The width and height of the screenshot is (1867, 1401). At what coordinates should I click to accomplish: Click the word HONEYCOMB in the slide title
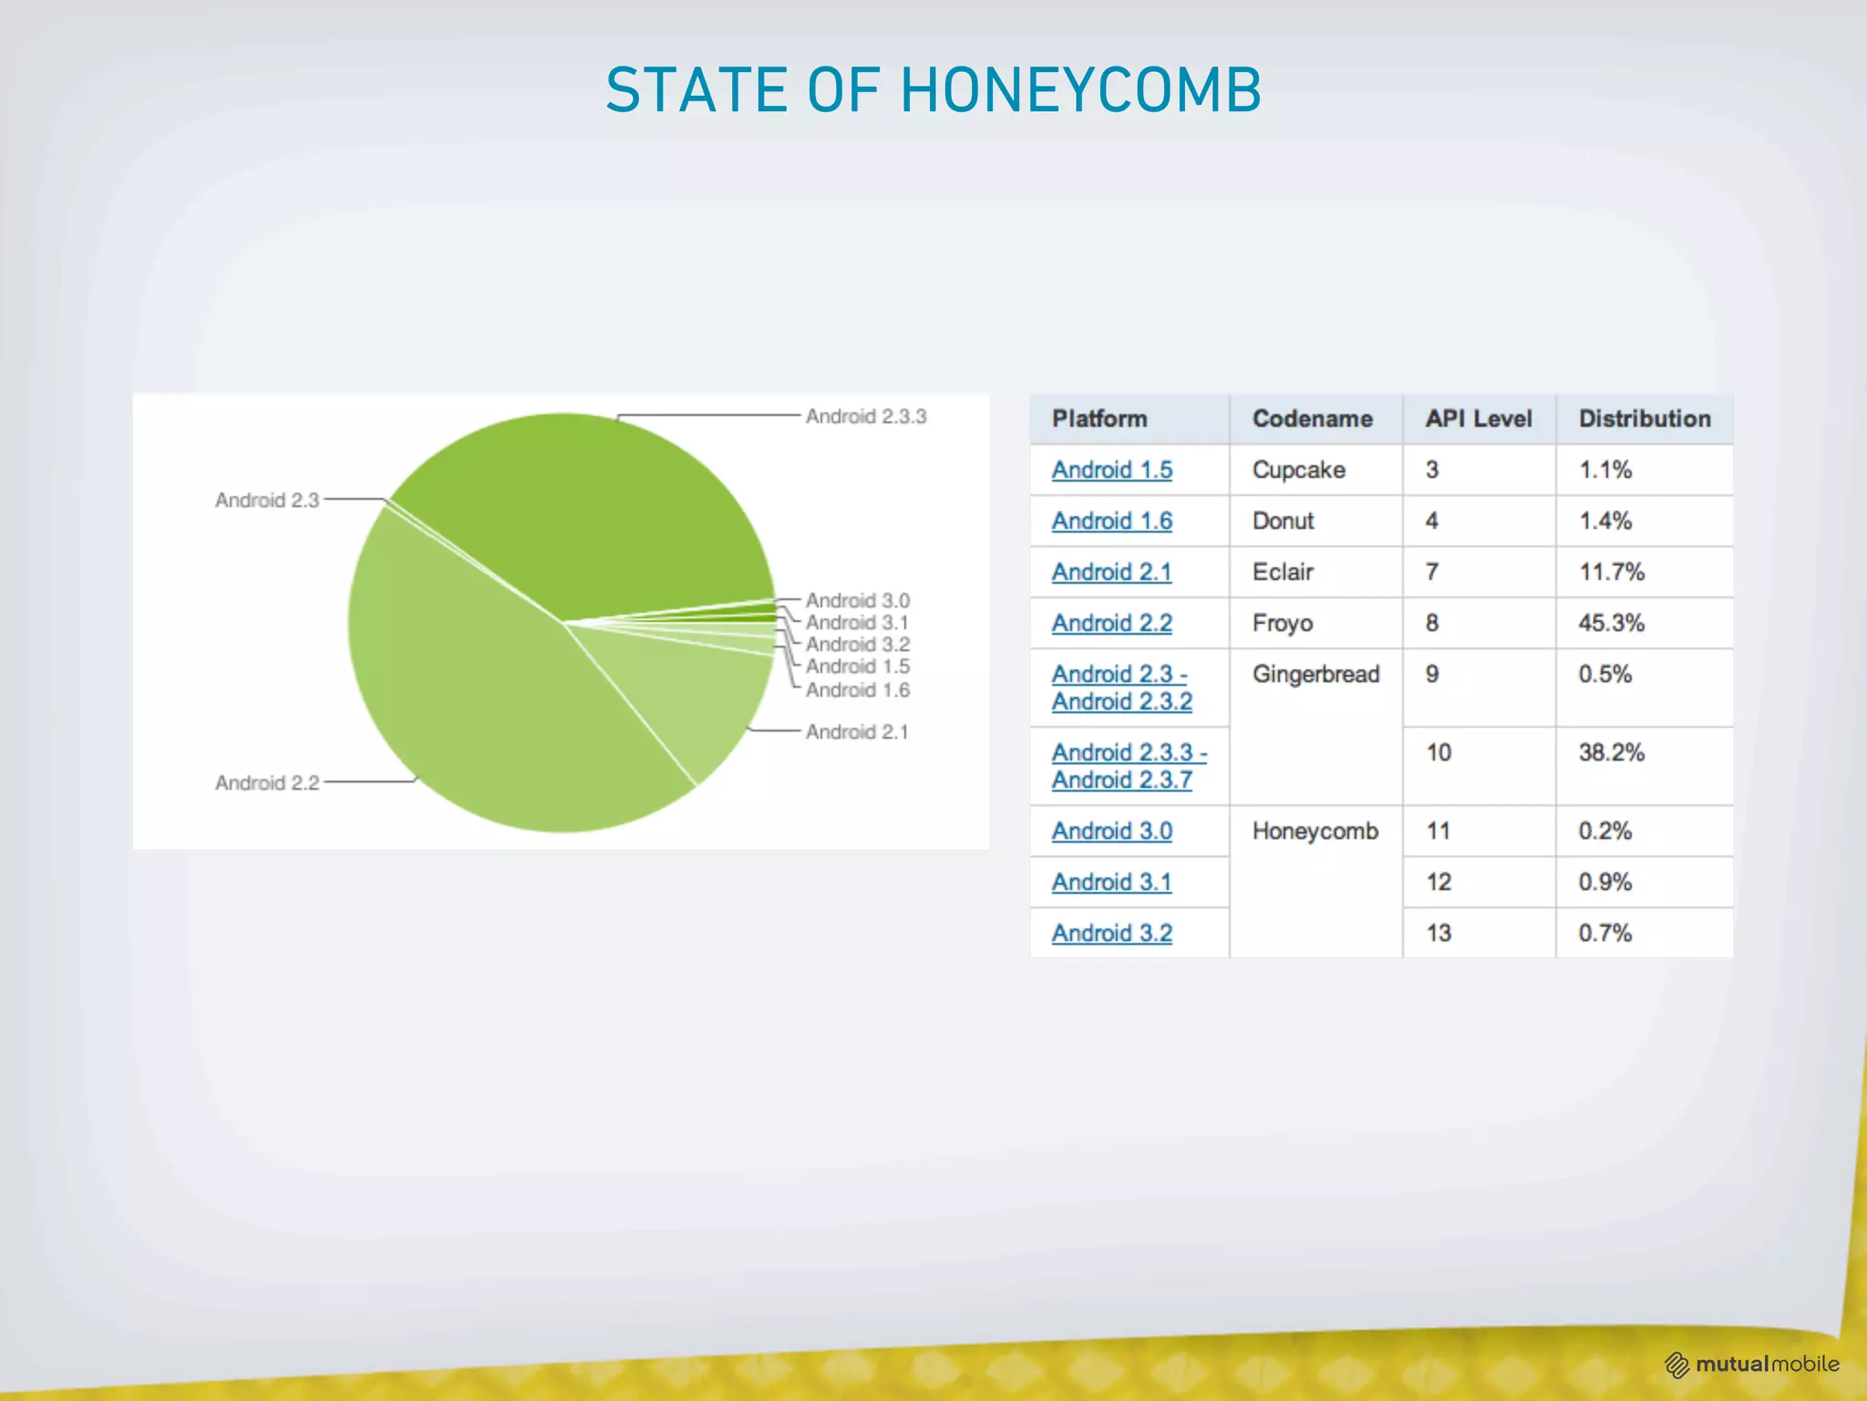click(x=1080, y=90)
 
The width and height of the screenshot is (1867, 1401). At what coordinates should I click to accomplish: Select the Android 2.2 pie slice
click(x=474, y=693)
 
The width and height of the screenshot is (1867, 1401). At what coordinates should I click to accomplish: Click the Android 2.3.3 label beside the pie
click(x=865, y=417)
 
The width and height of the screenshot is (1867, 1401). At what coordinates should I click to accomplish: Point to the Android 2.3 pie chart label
click(x=267, y=501)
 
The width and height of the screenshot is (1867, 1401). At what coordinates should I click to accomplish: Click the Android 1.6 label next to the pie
click(x=857, y=690)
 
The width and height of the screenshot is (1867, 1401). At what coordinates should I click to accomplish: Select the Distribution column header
click(x=1645, y=419)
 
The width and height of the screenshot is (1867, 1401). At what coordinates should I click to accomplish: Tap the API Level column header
click(x=1479, y=419)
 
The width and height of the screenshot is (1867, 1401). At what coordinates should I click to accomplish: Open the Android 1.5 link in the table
click(x=1112, y=470)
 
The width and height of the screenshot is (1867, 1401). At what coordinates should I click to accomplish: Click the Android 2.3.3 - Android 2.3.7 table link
click(x=1129, y=766)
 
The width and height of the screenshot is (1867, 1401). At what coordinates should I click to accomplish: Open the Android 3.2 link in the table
click(x=1112, y=933)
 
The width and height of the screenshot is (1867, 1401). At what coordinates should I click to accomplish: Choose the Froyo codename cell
click(x=1283, y=623)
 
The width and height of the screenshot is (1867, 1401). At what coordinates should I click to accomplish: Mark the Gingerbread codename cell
click(x=1315, y=674)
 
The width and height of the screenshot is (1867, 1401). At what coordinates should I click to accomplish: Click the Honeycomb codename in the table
click(x=1315, y=831)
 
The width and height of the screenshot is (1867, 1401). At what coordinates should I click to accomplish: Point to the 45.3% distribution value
click(x=1612, y=623)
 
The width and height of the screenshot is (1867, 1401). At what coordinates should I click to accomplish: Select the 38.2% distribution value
click(x=1612, y=752)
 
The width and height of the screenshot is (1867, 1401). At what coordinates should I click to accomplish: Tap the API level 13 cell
click(x=1439, y=933)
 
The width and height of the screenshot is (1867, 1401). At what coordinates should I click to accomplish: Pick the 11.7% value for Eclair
click(x=1612, y=572)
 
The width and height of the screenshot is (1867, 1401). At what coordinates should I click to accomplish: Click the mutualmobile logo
click(x=1752, y=1365)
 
